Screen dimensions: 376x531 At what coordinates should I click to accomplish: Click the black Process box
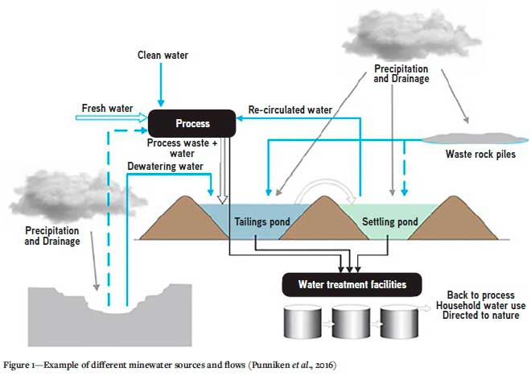[192, 123]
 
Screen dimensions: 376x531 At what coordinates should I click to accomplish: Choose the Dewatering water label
[164, 167]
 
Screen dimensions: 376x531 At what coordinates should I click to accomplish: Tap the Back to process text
[480, 295]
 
